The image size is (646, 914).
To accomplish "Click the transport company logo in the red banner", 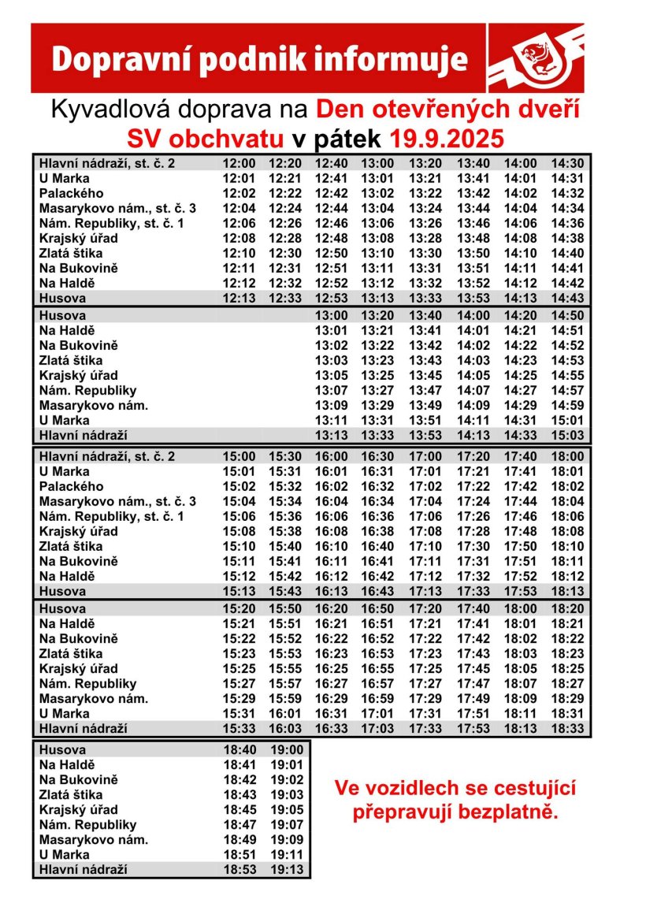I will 536,59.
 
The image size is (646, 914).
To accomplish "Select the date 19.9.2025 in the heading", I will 447,139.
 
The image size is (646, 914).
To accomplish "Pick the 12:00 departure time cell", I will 239,163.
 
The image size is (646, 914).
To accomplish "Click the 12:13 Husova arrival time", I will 239,298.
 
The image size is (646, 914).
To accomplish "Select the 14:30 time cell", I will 567,163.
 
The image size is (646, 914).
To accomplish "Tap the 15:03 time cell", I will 567,435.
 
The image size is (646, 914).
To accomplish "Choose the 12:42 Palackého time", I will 331,193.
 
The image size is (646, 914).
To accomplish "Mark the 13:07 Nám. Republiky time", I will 331,390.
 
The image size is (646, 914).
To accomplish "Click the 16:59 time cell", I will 377,698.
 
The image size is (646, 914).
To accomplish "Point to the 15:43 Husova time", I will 285,591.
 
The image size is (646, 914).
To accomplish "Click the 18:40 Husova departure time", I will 239,750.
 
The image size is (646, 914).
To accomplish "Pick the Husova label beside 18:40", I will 62,750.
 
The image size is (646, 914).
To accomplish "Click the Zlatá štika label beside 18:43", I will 71,795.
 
